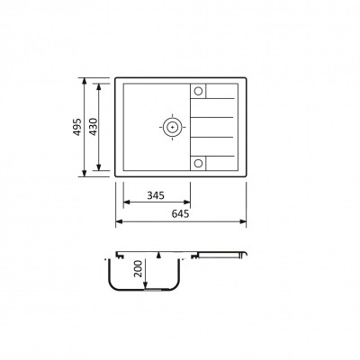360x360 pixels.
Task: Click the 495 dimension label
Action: click(77, 127)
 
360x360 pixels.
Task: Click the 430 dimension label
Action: click(94, 127)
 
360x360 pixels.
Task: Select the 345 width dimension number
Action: click(156, 195)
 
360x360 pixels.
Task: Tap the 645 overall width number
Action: click(180, 214)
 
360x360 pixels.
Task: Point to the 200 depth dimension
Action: click(139, 268)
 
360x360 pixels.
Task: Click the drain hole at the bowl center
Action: click(172, 127)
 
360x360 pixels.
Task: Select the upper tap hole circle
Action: click(198, 91)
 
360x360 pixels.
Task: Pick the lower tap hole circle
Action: click(198, 163)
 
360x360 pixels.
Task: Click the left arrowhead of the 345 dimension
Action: click(126, 202)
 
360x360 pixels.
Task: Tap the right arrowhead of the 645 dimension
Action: click(243, 221)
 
